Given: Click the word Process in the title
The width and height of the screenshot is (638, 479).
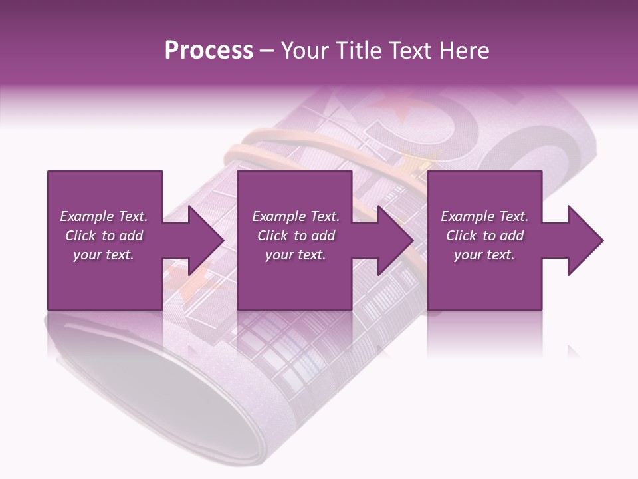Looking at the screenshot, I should (x=209, y=51).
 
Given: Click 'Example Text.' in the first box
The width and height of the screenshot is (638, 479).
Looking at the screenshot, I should (x=104, y=216).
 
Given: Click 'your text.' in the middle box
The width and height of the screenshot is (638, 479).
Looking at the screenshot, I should (x=295, y=255).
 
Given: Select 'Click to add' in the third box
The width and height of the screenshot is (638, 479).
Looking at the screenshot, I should (x=484, y=236).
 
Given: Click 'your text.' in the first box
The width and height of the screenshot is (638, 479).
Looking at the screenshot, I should (x=104, y=255).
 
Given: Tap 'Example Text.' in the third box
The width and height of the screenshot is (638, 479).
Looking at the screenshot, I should (x=484, y=216).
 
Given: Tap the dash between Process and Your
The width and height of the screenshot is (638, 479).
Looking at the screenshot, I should (x=267, y=51).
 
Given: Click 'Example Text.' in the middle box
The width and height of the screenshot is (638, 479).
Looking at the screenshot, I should (x=295, y=216).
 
